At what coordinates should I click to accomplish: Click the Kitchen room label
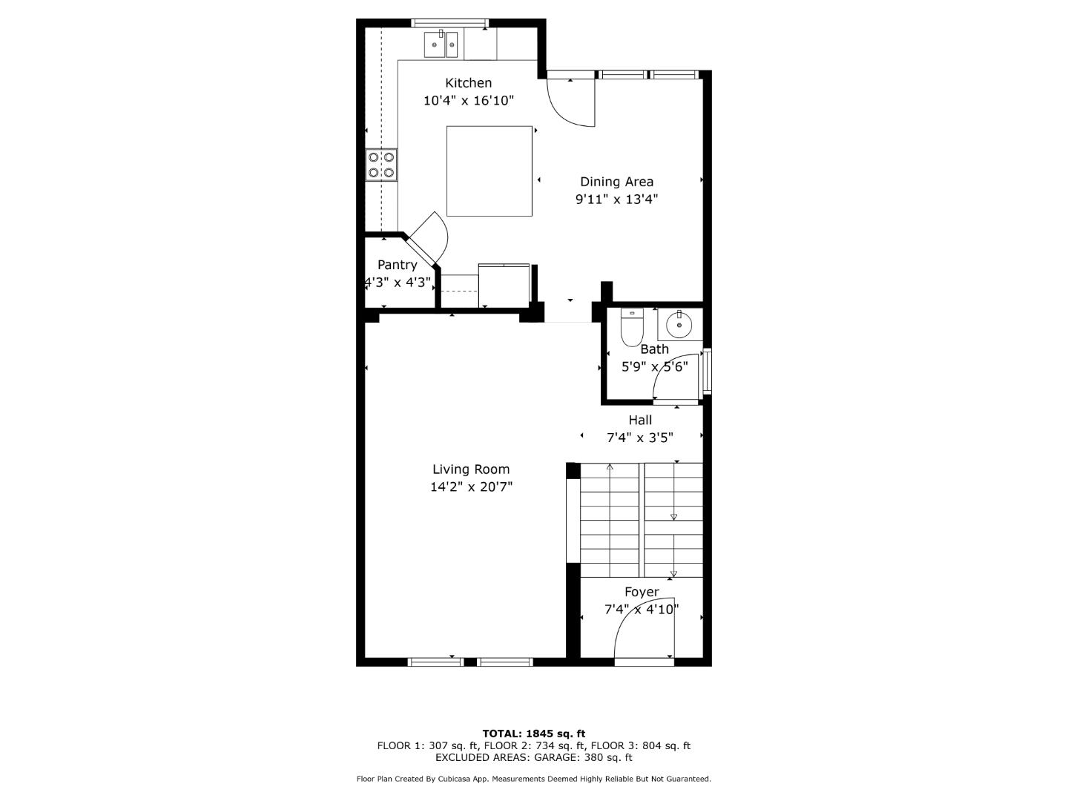468,83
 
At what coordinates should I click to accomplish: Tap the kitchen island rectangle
489,171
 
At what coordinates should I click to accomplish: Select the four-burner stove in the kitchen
381,165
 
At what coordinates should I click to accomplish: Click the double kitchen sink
441,44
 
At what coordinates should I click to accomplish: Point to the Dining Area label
616,182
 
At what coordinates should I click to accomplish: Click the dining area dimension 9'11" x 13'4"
616,200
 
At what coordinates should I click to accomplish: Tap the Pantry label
398,265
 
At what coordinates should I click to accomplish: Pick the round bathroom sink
679,324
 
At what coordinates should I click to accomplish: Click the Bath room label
654,349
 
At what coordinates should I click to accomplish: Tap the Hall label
640,420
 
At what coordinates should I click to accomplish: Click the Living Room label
471,469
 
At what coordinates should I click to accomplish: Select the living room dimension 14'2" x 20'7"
471,487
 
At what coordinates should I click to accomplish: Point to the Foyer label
642,592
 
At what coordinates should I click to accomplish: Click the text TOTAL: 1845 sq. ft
533,734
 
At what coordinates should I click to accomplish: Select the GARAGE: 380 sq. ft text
586,757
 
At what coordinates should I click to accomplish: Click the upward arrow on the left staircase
610,467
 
